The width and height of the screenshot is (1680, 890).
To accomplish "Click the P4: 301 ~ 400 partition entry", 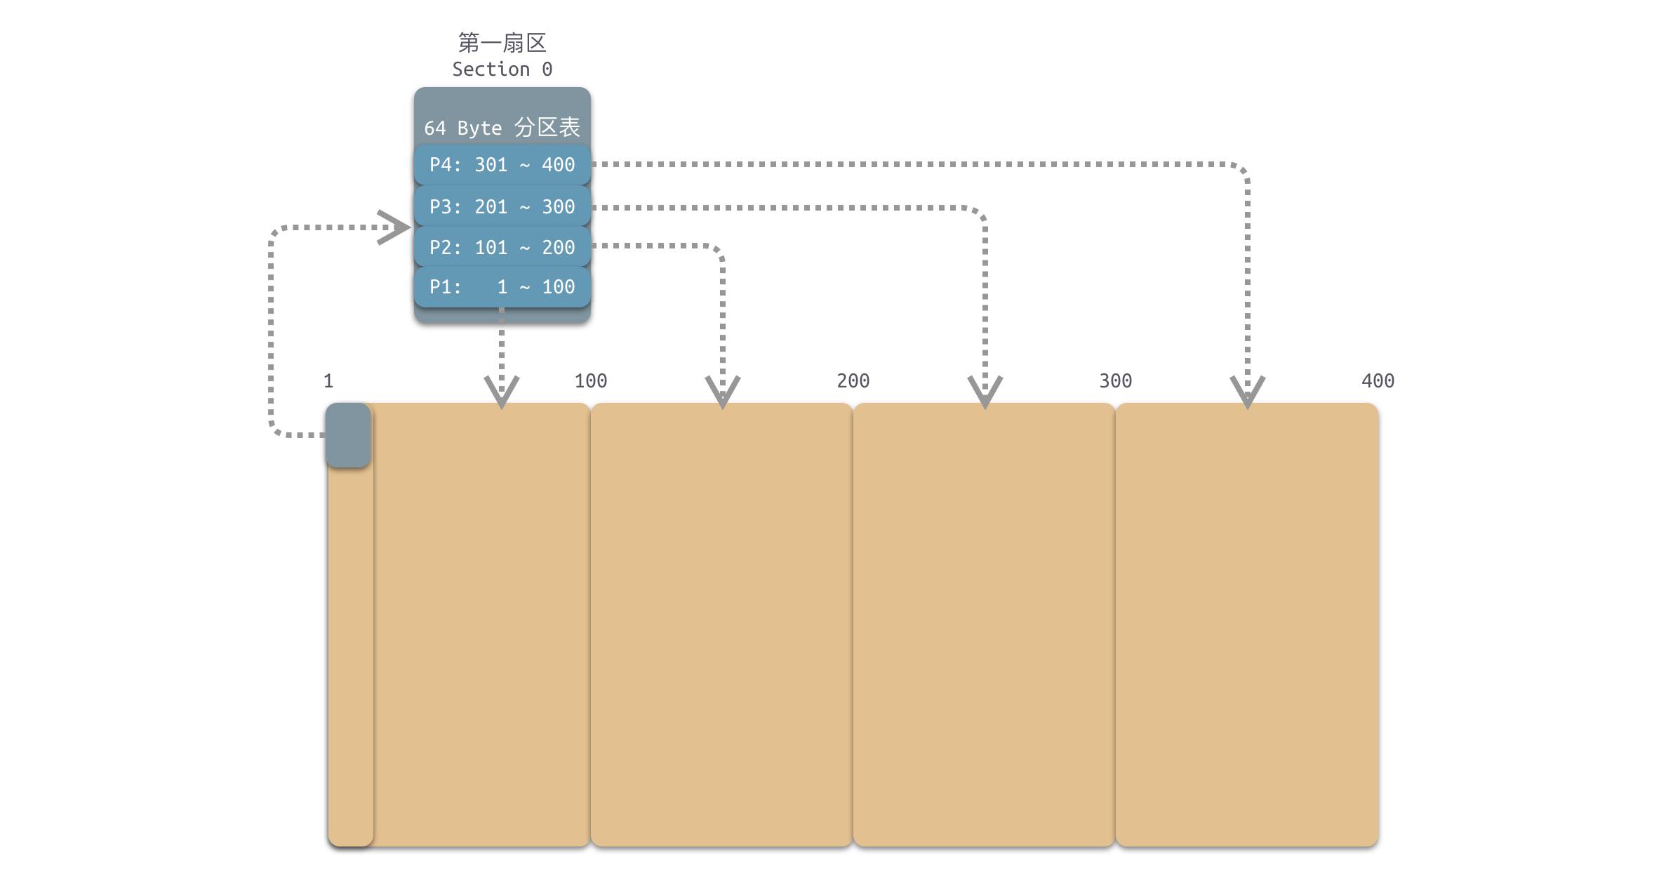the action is tap(502, 165).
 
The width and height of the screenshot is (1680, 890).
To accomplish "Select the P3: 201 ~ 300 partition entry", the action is tap(502, 206).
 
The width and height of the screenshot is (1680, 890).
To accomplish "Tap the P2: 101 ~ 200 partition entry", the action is tap(502, 247).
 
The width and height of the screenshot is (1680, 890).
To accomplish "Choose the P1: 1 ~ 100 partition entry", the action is tap(502, 287).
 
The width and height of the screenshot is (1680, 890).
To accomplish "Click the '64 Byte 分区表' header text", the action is tap(502, 128).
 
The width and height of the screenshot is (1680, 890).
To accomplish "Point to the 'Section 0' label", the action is tap(502, 69).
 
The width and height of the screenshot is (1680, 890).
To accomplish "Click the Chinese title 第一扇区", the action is tap(502, 43).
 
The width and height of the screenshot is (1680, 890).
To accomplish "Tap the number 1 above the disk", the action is tap(328, 381).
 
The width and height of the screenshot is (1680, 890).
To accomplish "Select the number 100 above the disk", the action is tap(591, 381).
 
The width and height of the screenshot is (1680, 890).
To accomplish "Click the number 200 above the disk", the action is tap(853, 381).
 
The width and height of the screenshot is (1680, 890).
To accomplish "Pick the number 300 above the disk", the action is tap(1116, 381).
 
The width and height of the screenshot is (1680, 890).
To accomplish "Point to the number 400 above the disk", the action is tap(1378, 381).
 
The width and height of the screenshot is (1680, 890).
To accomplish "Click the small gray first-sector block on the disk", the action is tap(348, 435).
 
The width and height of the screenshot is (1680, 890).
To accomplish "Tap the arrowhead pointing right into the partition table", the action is tap(394, 227).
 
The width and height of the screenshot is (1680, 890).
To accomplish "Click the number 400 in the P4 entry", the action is tap(559, 165).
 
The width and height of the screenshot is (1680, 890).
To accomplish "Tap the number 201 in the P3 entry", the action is tap(491, 206).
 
